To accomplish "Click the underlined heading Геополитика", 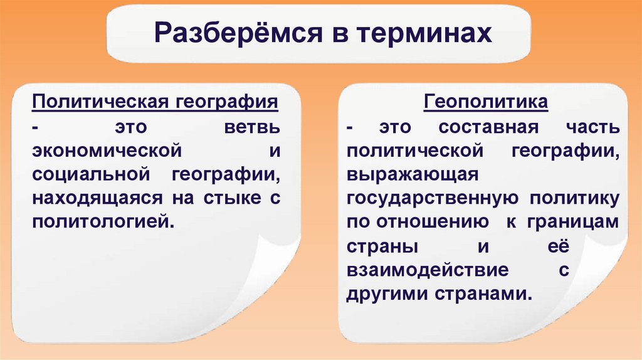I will point(486,102).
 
